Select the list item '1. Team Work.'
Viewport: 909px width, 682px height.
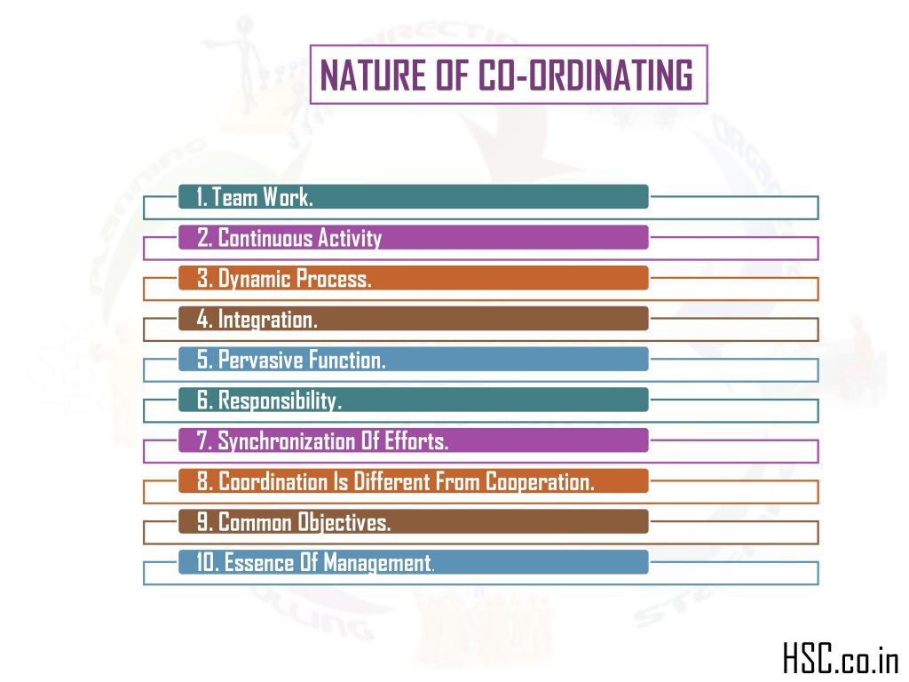255,197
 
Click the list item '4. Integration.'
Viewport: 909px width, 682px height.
257,320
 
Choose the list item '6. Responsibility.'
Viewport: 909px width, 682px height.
269,401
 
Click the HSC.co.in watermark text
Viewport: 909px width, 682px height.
840,659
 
